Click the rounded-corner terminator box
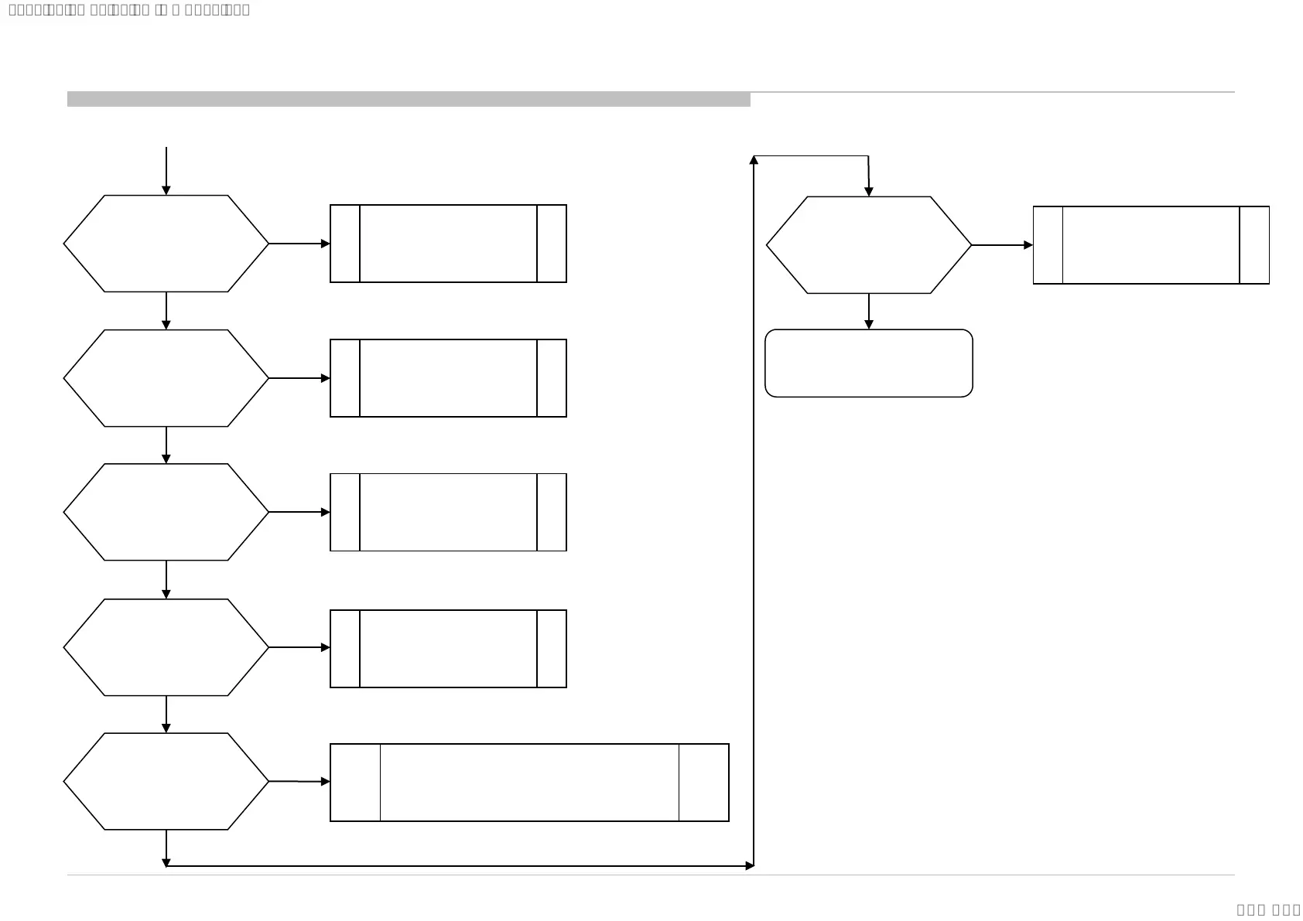868,363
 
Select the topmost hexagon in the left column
166,244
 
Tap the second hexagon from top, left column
166,378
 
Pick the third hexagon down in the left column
166,512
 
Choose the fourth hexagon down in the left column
166,647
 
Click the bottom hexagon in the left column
166,781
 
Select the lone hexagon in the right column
868,245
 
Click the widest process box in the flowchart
529,783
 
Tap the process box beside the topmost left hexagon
448,244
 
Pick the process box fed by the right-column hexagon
1151,245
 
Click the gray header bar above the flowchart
409,99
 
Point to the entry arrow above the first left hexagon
166,170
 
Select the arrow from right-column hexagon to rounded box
868,311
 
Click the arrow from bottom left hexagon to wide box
299,782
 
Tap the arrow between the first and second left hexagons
166,310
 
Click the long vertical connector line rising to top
754,510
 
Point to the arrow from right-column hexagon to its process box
1001,245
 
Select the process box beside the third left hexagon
448,512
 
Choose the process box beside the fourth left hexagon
448,649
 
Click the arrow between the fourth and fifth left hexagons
166,714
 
